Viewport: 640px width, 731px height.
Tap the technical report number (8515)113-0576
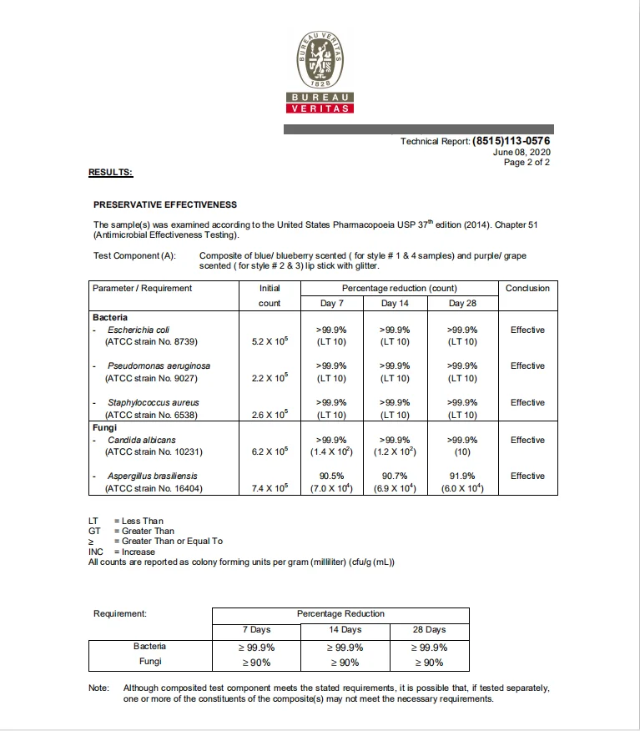pyautogui.click(x=511, y=141)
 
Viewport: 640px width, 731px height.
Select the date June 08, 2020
pyautogui.click(x=522, y=152)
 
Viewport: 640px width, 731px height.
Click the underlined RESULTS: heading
pyautogui.click(x=110, y=172)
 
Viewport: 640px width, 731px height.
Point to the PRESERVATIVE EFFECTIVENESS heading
pyautogui.click(x=165, y=204)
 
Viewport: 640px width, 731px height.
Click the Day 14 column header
pyautogui.click(x=395, y=303)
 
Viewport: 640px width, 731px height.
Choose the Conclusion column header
pyautogui.click(x=527, y=288)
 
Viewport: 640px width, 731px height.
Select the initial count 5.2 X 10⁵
pyautogui.click(x=270, y=341)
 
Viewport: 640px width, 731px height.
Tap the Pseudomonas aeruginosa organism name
pyautogui.click(x=159, y=366)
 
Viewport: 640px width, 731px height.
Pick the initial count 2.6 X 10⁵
pyautogui.click(x=270, y=414)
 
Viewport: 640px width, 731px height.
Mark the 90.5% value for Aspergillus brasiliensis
pyautogui.click(x=332, y=476)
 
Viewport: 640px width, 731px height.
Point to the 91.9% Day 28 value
pyautogui.click(x=462, y=476)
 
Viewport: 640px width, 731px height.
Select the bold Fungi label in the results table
pyautogui.click(x=104, y=426)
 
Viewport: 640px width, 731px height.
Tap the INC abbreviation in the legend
pyautogui.click(x=97, y=552)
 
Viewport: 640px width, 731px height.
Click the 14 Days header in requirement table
pyautogui.click(x=344, y=630)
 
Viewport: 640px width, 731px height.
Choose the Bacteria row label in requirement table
pyautogui.click(x=149, y=646)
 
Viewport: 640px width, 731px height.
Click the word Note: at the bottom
pyautogui.click(x=99, y=688)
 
